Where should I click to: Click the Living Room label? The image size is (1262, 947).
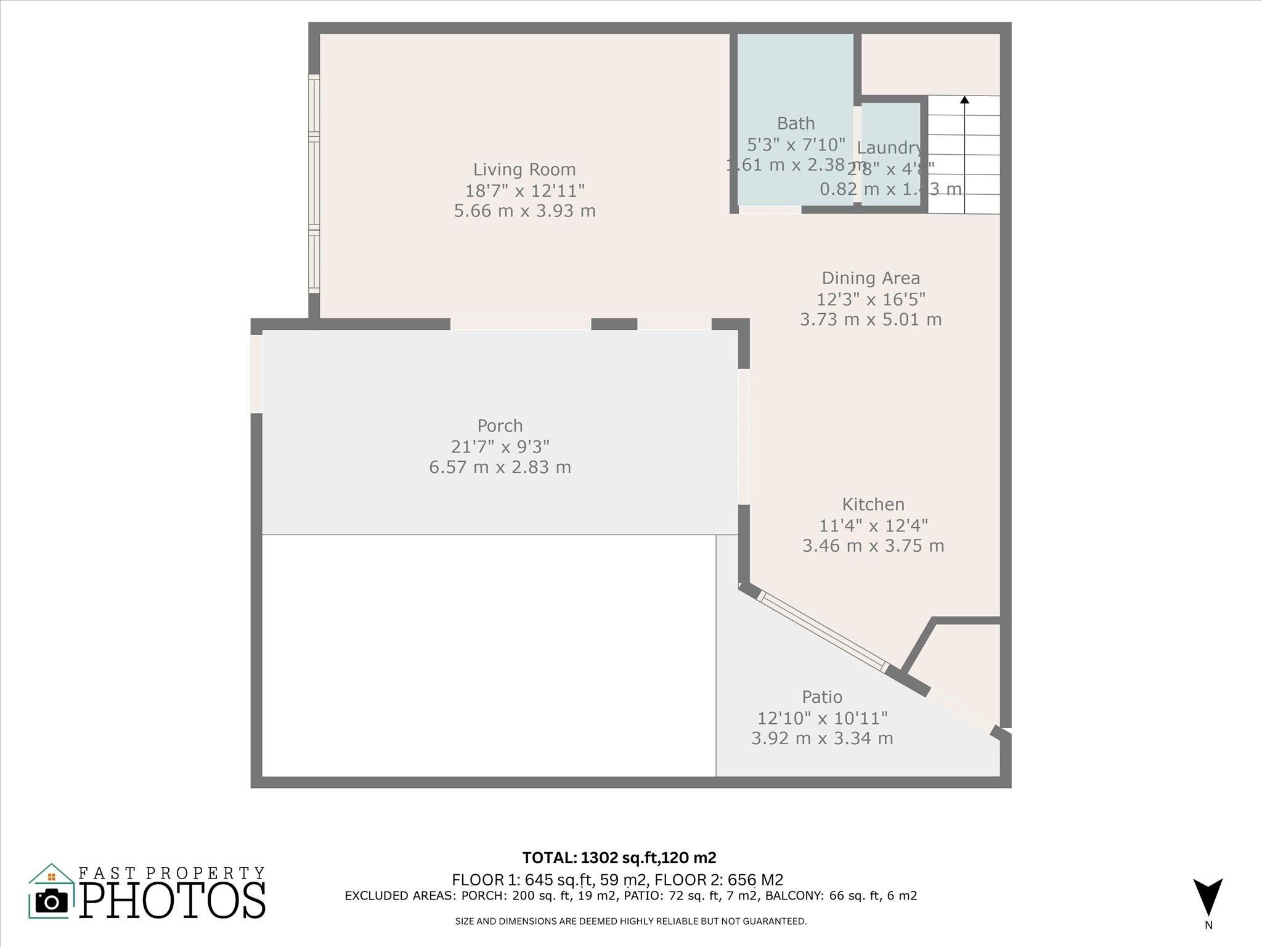[524, 170]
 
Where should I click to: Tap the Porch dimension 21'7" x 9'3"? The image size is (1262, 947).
[500, 446]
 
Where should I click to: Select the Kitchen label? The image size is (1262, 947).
[873, 504]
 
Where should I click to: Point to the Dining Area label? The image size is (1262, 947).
[871, 278]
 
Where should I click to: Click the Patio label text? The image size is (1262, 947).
[822, 697]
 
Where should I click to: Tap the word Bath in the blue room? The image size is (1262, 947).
[796, 123]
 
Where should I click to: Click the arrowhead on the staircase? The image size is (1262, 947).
[964, 99]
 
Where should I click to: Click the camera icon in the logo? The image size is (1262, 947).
[52, 901]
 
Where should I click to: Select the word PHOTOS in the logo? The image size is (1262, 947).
[173, 900]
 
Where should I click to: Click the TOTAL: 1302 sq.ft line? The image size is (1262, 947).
[619, 858]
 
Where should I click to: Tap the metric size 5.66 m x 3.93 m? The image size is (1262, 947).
[524, 211]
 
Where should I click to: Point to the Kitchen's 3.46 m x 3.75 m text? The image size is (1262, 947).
[873, 546]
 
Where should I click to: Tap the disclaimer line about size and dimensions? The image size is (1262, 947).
[630, 921]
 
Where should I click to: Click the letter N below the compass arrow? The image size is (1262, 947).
[1208, 925]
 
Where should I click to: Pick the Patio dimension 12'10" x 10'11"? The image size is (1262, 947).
[822, 718]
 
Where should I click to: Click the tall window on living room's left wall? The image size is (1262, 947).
[314, 184]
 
